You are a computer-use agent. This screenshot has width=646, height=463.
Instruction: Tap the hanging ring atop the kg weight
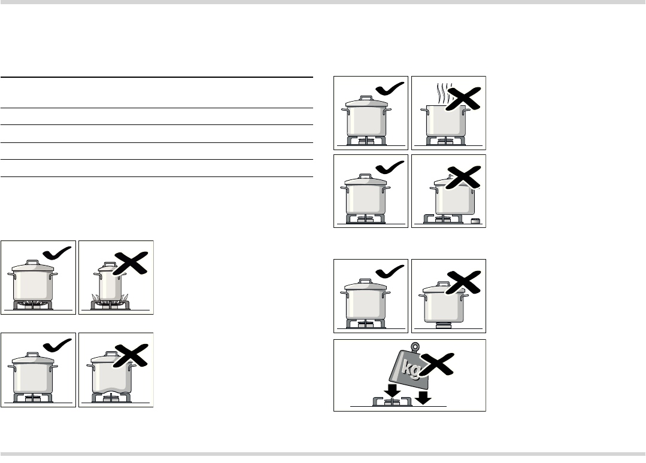coord(415,347)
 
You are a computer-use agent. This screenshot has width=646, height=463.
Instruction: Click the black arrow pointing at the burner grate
coord(392,390)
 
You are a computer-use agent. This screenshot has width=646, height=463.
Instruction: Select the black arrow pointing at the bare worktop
coord(423,398)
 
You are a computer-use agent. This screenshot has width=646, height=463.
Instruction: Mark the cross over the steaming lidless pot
coord(463,98)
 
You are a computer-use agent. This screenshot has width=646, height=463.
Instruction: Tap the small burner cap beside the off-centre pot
coord(475,221)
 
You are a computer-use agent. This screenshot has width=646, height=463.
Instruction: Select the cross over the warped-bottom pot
coord(130,355)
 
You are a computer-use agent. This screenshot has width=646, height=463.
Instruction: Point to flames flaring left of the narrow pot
coord(96,298)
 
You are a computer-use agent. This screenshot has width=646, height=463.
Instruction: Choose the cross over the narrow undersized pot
coord(130,263)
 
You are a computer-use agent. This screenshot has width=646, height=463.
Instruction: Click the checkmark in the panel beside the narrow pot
coord(57,253)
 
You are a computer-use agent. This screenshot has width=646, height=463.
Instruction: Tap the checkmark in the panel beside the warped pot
coord(57,345)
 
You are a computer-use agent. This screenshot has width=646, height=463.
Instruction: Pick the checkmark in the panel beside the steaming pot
coord(390,89)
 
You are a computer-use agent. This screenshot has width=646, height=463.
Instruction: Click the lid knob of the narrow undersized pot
coord(110,264)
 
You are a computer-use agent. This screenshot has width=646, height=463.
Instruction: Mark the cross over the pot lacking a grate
coord(463,282)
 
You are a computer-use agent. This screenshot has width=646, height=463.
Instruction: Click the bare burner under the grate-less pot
coord(443,326)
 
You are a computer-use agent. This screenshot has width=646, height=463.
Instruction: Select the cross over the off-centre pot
coord(463,178)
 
